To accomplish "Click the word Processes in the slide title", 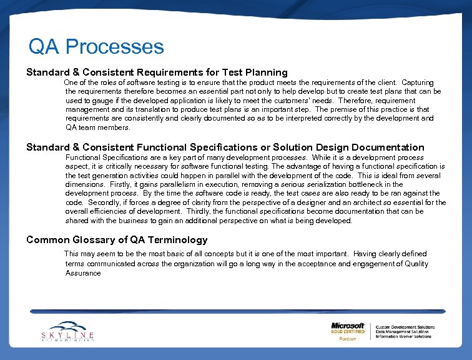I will tap(114, 47).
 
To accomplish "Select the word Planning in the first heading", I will tap(266, 72).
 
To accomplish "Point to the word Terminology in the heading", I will tap(177, 240).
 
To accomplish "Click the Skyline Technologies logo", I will tap(67, 331).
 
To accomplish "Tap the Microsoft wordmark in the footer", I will tap(348, 326).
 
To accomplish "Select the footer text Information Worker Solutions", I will tap(403, 336).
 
